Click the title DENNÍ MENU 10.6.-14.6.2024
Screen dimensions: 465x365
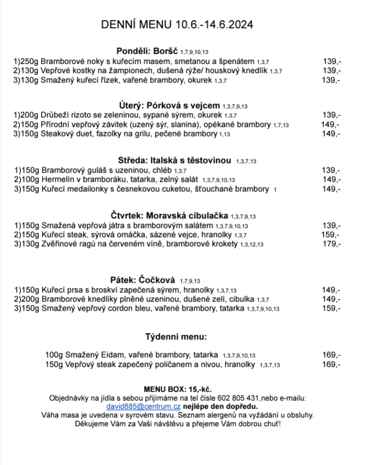click(x=177, y=24)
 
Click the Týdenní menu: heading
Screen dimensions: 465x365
click(x=176, y=337)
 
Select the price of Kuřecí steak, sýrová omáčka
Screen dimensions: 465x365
click(x=331, y=235)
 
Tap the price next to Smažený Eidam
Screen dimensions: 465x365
click(x=331, y=355)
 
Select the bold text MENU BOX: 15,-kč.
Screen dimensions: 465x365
click(x=178, y=390)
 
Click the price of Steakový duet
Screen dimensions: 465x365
click(x=331, y=134)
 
